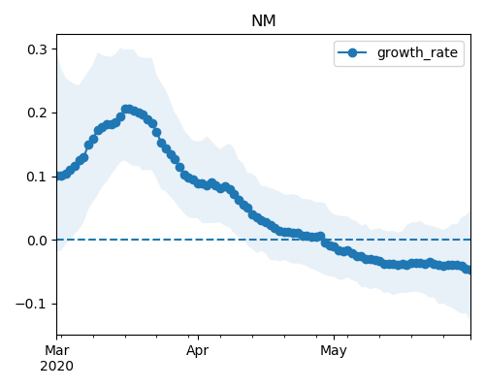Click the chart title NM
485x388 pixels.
(x=264, y=21)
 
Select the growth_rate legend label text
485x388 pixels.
(x=417, y=52)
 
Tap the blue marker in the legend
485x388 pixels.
(x=352, y=52)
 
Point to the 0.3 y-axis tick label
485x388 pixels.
(x=37, y=49)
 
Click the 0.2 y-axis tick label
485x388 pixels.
(x=37, y=113)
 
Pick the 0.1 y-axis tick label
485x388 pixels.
(x=37, y=177)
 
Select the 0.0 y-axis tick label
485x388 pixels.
(x=37, y=241)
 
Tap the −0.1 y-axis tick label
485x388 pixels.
(x=31, y=304)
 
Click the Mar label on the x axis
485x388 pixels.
(x=57, y=350)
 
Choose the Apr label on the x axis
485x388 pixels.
(x=198, y=351)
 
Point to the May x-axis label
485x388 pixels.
(x=334, y=351)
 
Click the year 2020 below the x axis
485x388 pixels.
(x=56, y=367)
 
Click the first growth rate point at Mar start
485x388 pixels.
(x=59, y=176)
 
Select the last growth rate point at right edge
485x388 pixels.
(x=469, y=270)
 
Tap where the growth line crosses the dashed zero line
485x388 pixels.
(x=324, y=240)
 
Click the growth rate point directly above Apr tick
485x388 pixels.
(x=198, y=183)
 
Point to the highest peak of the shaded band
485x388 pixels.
(x=120, y=48)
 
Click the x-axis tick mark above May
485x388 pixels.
(x=334, y=338)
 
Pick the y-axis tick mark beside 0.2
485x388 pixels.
(x=54, y=113)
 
